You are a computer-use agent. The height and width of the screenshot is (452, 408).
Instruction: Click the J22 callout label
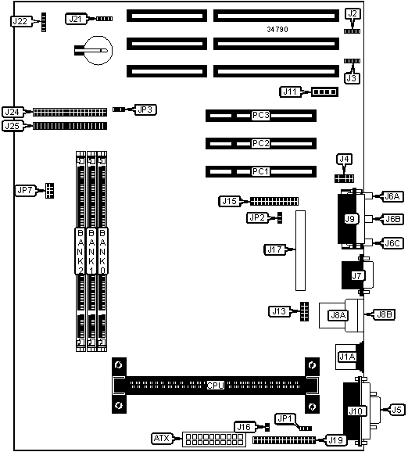[20, 21]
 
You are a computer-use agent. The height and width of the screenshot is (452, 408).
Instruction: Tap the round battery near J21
[98, 51]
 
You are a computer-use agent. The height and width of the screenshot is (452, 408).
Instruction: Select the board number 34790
[277, 29]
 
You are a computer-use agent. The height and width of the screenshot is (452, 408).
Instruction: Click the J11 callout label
[290, 91]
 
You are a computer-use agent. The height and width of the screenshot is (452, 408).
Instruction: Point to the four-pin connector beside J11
[324, 92]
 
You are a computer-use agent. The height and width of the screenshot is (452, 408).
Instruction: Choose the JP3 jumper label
[145, 109]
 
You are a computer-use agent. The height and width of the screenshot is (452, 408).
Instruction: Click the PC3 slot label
[260, 115]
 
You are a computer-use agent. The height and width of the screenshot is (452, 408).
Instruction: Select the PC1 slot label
[260, 171]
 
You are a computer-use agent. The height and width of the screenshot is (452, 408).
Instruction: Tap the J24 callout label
[13, 112]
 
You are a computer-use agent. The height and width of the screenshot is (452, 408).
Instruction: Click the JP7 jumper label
[25, 190]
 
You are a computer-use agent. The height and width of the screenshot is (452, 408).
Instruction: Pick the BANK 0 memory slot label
[102, 251]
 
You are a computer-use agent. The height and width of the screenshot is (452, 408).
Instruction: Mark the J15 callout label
[229, 201]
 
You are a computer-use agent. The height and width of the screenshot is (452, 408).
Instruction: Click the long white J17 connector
[300, 250]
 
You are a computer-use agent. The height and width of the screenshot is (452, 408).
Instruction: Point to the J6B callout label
[393, 219]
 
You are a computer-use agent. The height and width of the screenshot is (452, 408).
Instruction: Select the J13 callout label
[279, 311]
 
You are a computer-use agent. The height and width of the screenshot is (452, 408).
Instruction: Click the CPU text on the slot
[216, 385]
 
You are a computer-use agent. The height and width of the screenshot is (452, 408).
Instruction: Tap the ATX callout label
[162, 439]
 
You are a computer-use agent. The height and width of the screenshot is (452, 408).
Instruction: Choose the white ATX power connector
[214, 439]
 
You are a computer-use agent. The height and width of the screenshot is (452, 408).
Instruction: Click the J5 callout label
[397, 410]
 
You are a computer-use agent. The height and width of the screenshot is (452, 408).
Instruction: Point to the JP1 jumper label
[285, 418]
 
